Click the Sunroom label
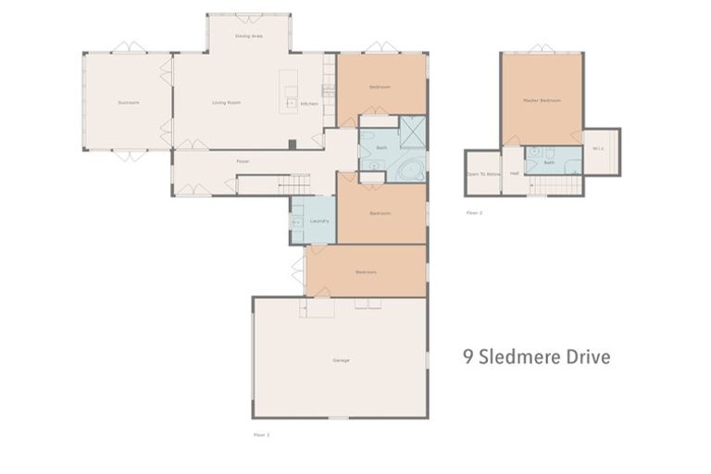click(x=128, y=103)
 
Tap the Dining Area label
click(x=248, y=36)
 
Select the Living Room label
click(x=226, y=103)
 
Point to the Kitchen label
click(x=310, y=104)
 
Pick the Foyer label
click(x=243, y=161)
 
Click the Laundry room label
click(x=319, y=220)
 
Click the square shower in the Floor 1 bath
click(x=412, y=132)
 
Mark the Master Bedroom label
click(x=542, y=100)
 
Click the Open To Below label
click(x=483, y=174)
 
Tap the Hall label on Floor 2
click(x=514, y=174)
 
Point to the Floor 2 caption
click(x=474, y=212)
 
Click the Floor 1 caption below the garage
click(x=261, y=433)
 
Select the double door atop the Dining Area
click(x=248, y=17)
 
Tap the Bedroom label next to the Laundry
click(x=380, y=213)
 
